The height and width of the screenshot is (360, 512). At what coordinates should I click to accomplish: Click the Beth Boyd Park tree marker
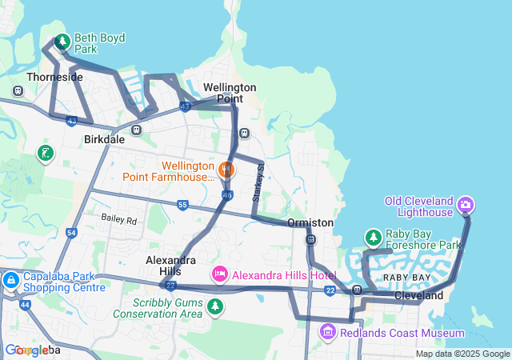[62, 41]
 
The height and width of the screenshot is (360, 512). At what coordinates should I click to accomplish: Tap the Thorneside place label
[54, 78]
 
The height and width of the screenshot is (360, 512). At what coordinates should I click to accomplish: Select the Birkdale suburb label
[104, 139]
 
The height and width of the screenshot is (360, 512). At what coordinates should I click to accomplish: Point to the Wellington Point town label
[230, 92]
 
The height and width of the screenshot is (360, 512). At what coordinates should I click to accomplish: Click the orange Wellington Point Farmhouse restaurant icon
[226, 170]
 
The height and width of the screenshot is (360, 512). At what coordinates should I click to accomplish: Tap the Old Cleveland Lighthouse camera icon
[465, 206]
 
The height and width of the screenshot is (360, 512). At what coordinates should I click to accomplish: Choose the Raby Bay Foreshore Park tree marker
[373, 238]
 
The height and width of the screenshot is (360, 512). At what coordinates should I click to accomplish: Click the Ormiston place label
[311, 222]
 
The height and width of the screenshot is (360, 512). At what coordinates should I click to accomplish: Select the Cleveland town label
[418, 295]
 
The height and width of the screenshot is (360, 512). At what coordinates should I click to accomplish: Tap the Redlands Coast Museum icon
[327, 332]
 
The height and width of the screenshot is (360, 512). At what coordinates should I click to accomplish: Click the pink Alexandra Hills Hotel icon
[219, 274]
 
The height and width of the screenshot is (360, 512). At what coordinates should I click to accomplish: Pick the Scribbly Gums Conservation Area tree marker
[214, 306]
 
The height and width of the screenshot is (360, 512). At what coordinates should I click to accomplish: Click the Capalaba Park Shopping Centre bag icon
[12, 281]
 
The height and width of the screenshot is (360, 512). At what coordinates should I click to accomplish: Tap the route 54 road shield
[71, 233]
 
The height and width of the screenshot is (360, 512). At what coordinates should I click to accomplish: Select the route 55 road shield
[182, 206]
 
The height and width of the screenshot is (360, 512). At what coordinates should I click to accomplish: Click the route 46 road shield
[227, 194]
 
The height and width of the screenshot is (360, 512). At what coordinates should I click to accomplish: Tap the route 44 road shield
[25, 305]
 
